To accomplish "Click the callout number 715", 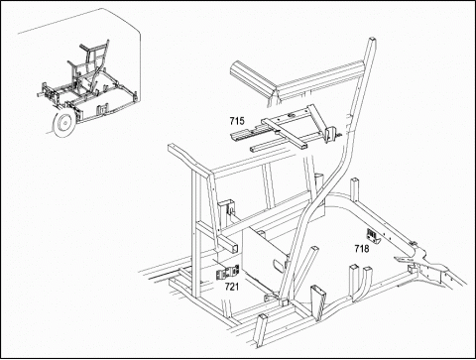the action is [237, 121].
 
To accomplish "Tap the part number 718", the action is [362, 248].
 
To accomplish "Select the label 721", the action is [232, 287].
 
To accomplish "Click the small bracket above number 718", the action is [373, 236].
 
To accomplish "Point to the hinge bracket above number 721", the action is [227, 273].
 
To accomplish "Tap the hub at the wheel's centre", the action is [65, 124].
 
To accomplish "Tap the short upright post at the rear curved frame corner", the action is [355, 189].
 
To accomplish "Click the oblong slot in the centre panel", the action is [279, 265].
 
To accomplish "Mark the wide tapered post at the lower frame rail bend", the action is [318, 302].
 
